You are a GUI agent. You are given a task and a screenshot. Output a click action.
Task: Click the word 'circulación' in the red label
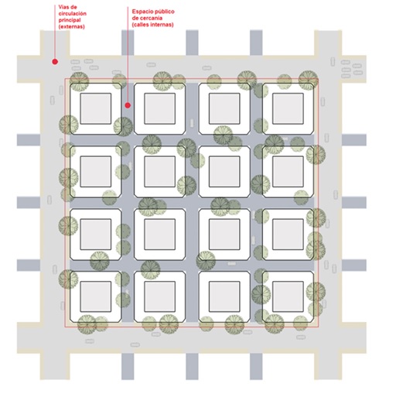[x=72, y=13]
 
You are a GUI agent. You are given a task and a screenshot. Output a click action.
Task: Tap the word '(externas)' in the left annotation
[x=71, y=26]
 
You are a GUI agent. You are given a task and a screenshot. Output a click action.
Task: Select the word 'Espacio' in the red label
[x=142, y=12]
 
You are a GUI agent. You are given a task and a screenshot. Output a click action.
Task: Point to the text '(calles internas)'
[x=152, y=25]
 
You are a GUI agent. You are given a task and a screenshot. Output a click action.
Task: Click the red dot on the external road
[x=55, y=62]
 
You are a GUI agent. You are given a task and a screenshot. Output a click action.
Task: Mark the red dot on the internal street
[x=128, y=105]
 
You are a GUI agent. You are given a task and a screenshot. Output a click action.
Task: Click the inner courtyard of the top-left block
[x=96, y=108]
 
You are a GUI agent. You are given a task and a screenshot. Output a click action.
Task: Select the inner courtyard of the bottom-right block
[x=288, y=296]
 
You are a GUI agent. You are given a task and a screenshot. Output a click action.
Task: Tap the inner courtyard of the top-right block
[x=288, y=108]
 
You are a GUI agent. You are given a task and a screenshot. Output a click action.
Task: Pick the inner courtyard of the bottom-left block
[x=96, y=296]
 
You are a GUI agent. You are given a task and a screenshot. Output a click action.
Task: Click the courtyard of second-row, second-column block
[x=160, y=172]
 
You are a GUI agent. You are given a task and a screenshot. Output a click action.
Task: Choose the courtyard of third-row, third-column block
[x=224, y=235]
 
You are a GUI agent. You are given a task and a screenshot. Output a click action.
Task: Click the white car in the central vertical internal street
[x=192, y=123]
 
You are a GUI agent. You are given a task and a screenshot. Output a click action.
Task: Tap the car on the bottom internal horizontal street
[x=231, y=264]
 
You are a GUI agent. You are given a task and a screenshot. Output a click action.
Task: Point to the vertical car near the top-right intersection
[x=333, y=62]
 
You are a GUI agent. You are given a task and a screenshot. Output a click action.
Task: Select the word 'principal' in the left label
[x=70, y=20]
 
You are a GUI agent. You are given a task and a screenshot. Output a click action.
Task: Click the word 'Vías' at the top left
[x=64, y=7]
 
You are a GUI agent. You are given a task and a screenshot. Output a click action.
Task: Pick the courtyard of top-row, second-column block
[x=160, y=108]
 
